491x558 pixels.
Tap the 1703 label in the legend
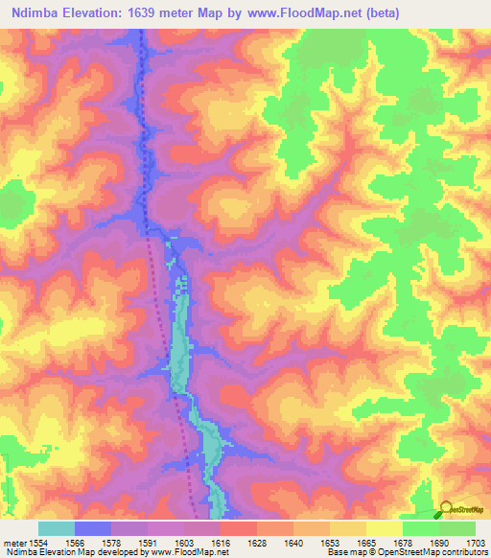pos(464,540)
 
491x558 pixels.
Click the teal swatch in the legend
pos(56,528)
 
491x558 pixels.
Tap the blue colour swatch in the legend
pos(92,528)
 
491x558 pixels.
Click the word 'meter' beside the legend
pos(14,540)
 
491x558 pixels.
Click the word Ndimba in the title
pos(35,13)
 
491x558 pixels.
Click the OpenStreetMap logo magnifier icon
pos(447,509)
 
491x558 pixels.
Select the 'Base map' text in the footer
pos(343,551)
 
